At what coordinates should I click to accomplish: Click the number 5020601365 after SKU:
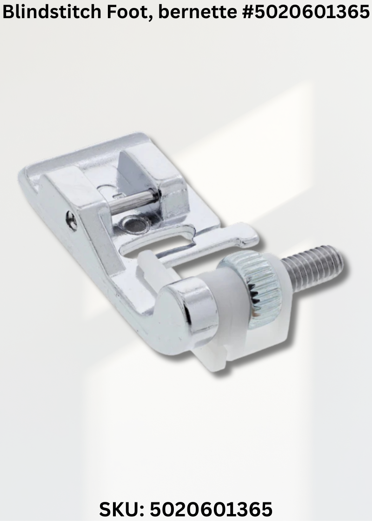pos(211,509)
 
